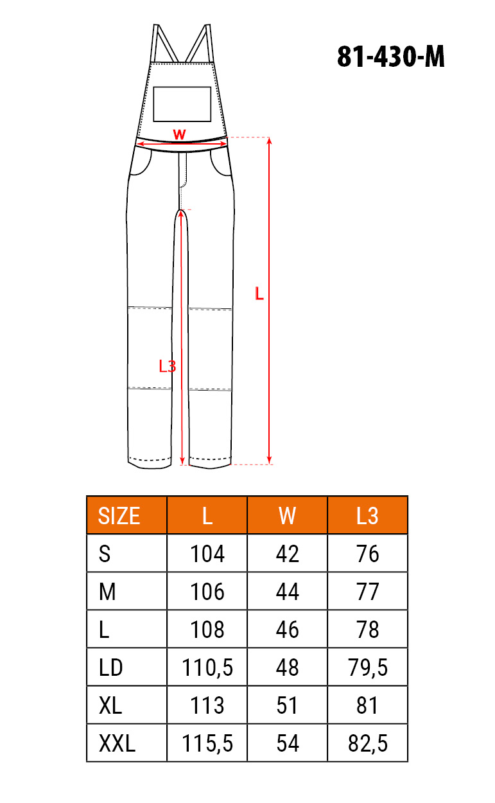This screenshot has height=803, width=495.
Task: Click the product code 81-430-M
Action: pos(390,57)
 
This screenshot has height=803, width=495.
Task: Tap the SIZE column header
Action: pos(119,516)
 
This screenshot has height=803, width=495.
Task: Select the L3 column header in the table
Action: pos(367,516)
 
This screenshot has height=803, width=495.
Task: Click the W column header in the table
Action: pos(287,516)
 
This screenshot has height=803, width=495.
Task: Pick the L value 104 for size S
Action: pos(207,554)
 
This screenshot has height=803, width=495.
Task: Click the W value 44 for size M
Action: pos(287,592)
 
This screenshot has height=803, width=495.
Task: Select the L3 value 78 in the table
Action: pos(367,630)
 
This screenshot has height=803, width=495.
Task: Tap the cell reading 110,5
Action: pos(207,667)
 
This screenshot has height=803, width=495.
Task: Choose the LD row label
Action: pos(110,667)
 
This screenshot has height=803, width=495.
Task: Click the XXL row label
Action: pos(117,743)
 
